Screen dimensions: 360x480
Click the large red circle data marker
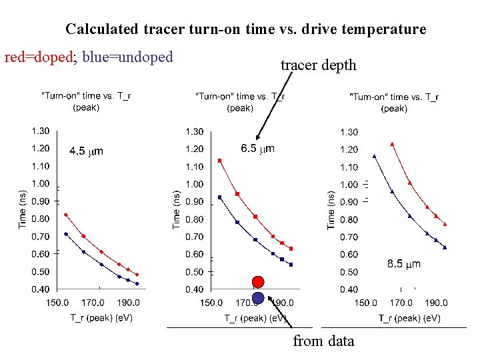coord(258,281)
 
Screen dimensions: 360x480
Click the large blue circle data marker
coord(258,297)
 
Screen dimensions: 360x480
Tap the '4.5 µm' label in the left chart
coord(86,151)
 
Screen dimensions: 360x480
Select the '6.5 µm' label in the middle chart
coord(257,149)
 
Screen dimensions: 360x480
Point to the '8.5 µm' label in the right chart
coord(404,264)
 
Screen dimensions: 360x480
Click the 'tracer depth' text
coord(318,65)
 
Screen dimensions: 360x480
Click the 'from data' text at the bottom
coord(323,341)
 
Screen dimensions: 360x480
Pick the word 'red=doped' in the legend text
coord(38,57)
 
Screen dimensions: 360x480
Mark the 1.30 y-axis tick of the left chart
coord(40,131)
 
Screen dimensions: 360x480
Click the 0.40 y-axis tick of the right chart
coord(349,289)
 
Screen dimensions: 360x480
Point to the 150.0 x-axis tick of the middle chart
coord(211,303)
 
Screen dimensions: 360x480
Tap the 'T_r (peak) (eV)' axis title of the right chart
coord(409,318)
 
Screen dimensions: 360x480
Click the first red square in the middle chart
coord(219,161)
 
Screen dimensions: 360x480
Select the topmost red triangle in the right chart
coord(392,143)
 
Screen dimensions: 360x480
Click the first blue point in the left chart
coord(65,234)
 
